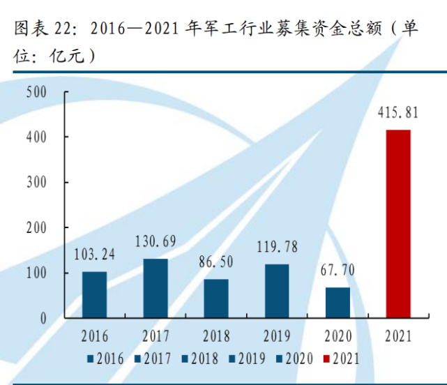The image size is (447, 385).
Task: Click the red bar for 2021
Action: click(x=399, y=223)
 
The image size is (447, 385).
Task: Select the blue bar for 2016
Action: click(x=94, y=294)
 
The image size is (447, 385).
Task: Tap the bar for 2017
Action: click(x=156, y=288)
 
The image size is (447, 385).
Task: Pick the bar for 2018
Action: click(x=216, y=298)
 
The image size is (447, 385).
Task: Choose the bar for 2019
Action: click(x=277, y=290)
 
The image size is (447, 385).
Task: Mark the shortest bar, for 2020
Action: click(x=338, y=302)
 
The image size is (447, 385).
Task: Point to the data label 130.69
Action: click(x=155, y=243)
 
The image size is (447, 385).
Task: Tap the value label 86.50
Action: click(x=216, y=262)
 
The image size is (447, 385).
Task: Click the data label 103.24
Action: click(x=94, y=255)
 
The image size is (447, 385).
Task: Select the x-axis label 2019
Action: click(x=277, y=337)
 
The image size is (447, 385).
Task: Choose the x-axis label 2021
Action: click(x=399, y=337)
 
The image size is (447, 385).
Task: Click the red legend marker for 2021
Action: click(x=326, y=359)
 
